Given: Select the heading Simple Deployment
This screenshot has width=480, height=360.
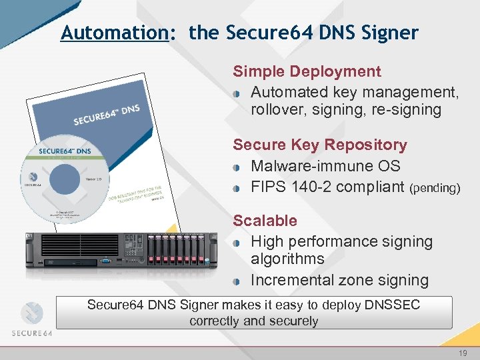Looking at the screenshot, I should coord(307,71).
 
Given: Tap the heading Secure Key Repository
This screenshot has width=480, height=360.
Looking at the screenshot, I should coord(319,145).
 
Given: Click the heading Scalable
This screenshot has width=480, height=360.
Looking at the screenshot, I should coord(265,221).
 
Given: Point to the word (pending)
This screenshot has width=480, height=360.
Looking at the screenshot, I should coord(435,189).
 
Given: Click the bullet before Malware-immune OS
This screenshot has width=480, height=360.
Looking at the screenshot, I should coord(238,167).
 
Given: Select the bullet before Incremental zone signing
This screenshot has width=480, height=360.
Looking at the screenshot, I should coord(238,281).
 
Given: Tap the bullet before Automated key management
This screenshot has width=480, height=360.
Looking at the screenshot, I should coord(238,93).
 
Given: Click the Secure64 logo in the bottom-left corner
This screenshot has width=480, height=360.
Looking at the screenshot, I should coord(32,319).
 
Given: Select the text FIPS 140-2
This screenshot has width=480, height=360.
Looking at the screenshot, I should coord(291,187).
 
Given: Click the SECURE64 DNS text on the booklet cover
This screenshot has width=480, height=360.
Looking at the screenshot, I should coord(106,115).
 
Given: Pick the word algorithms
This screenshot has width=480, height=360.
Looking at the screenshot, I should coord(287,259).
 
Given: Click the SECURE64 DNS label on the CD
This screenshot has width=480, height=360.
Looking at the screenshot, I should coord(65,151).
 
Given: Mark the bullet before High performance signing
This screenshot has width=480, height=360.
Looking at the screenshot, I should coord(238,243).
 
